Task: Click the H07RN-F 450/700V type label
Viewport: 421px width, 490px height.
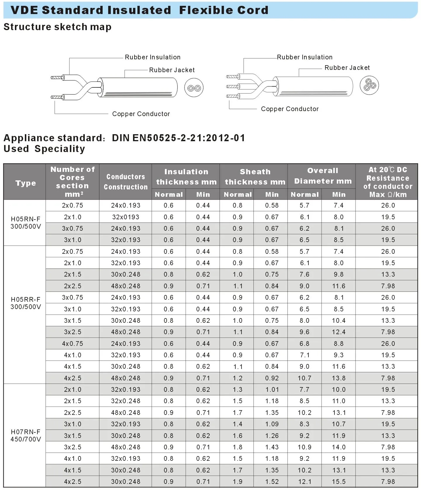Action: tap(26, 435)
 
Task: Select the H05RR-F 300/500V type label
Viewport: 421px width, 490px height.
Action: tap(26, 303)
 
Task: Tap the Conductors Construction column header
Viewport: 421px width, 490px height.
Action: tap(126, 182)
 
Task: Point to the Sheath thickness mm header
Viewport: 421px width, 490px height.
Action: tap(255, 177)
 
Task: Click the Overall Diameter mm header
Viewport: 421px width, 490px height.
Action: tap(323, 176)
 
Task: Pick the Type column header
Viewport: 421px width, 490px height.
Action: tap(26, 183)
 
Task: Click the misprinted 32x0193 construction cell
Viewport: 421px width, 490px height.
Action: tap(126, 217)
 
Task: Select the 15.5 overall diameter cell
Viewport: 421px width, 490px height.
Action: tap(339, 482)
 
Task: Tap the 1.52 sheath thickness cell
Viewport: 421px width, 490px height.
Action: tap(272, 482)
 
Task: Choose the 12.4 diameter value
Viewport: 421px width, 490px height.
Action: tap(339, 332)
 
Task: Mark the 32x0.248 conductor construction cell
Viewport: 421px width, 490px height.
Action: tap(126, 401)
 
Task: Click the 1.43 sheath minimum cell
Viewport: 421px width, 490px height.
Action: tap(272, 447)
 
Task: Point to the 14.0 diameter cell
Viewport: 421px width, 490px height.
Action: tap(339, 447)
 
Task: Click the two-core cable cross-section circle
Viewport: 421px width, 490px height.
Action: tap(194, 88)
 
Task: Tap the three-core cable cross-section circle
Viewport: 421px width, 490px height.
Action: tap(369, 85)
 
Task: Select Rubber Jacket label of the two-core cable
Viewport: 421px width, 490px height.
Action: tap(172, 70)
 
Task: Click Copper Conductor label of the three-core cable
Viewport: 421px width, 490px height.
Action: tap(290, 109)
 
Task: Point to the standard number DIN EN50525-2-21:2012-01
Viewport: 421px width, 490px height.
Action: tap(178, 138)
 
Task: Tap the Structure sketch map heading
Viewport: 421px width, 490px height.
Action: tap(58, 27)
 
